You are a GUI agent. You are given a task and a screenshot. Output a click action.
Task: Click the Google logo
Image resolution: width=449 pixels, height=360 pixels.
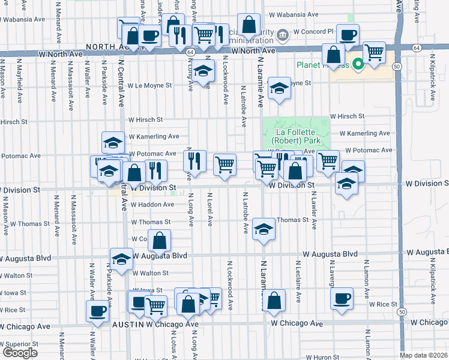click(20, 353)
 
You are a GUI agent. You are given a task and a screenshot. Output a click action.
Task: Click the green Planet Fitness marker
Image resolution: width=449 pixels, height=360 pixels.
click(358, 63)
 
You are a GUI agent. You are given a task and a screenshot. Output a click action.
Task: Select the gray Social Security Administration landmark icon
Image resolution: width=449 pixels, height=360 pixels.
click(283, 36)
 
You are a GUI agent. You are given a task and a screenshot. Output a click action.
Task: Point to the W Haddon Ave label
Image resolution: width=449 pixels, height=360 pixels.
click(149, 205)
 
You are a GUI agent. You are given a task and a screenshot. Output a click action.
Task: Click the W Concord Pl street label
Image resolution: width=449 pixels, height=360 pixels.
click(313, 31)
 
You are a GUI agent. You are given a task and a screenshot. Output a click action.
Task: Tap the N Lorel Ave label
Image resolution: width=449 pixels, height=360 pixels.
click(210, 210)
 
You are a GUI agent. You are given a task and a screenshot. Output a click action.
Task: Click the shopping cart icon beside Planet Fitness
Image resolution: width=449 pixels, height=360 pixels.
click(374, 53)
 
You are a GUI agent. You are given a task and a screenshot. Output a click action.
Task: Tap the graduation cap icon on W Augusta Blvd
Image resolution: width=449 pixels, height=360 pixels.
click(121, 259)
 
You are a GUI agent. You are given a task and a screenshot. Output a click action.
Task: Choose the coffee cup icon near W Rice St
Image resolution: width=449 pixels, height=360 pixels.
click(342, 298)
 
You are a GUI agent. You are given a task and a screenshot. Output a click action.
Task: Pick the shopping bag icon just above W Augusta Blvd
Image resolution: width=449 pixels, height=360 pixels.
click(160, 242)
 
